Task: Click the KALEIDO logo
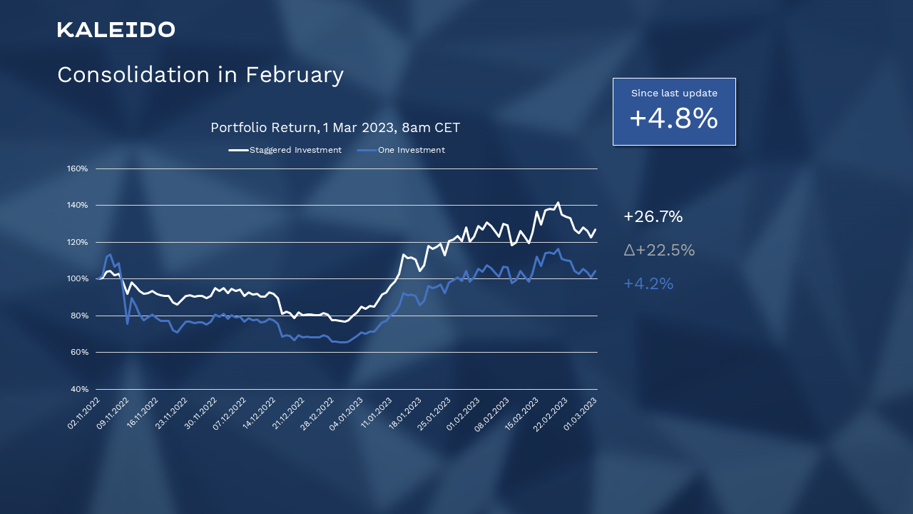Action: pos(116,29)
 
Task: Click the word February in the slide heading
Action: pos(295,75)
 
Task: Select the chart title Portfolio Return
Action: pos(264,128)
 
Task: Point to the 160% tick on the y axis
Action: pos(77,169)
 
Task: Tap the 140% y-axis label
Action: pos(77,206)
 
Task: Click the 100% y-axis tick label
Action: pos(77,279)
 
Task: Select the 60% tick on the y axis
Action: pos(77,353)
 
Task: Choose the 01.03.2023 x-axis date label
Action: pos(581,413)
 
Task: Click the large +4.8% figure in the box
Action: pos(673,119)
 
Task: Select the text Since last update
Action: pos(674,93)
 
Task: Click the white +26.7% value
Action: pos(653,217)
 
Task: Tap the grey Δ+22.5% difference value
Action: pos(658,251)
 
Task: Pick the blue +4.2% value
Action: pos(648,284)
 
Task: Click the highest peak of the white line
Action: pos(558,203)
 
